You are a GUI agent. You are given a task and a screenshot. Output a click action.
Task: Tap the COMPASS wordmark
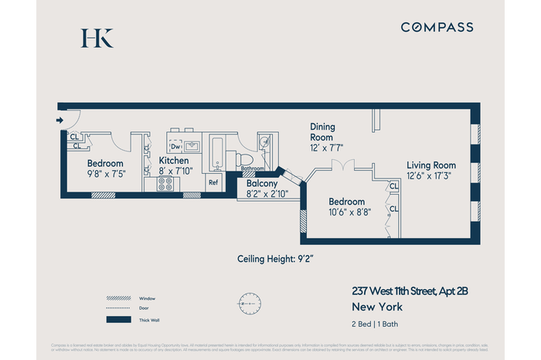click(437, 27)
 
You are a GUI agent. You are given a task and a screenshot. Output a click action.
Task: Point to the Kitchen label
click(174, 160)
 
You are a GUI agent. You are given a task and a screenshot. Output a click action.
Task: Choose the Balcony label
click(262, 184)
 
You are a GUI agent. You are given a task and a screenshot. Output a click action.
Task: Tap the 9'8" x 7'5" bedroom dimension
click(106, 174)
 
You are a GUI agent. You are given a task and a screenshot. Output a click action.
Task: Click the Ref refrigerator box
click(213, 182)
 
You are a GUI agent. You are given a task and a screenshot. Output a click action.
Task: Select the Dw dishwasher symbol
click(175, 145)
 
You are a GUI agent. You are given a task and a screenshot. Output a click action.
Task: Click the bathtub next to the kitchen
click(217, 152)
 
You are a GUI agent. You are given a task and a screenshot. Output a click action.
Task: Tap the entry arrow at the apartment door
click(60, 120)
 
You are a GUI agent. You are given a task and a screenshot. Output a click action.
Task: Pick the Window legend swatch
click(118, 297)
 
